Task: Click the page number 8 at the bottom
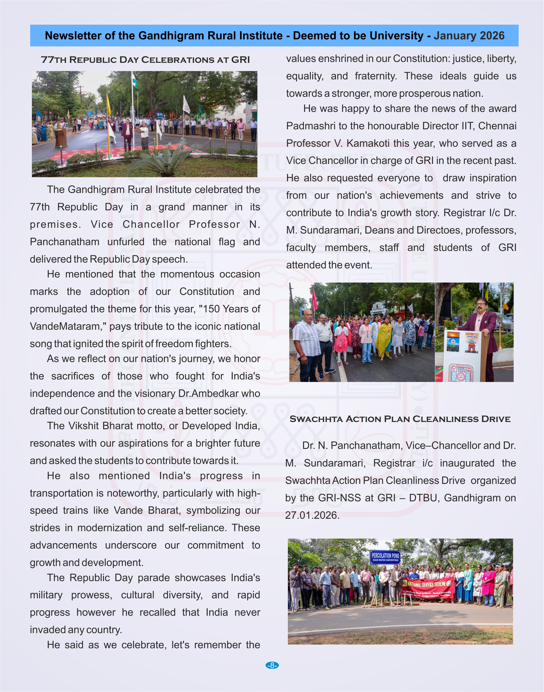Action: [272, 665]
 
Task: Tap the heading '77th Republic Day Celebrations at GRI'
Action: [145, 60]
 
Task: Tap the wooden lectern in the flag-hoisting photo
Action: [60, 137]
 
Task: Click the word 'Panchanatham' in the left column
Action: [65, 242]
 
